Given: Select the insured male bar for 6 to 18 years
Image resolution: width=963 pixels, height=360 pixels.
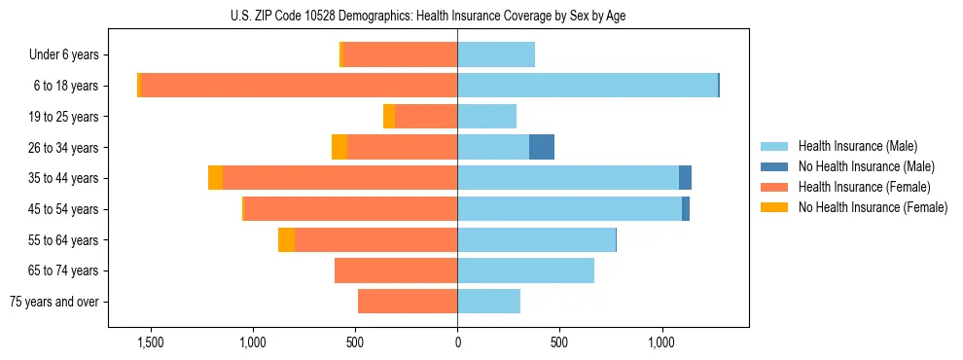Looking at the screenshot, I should pos(588,86).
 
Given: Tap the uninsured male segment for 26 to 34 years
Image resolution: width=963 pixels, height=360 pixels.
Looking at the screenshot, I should pos(542,147).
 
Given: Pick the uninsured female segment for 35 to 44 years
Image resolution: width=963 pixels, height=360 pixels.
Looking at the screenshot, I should pos(215,178).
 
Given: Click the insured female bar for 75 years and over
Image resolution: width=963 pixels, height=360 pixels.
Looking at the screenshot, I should pos(408,302).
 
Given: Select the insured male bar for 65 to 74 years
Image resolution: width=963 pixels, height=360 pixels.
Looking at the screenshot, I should pos(525,270).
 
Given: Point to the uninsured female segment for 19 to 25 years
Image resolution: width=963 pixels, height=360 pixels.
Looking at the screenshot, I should pos(389,117).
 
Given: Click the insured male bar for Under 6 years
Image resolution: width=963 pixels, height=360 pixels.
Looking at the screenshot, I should pos(496,54).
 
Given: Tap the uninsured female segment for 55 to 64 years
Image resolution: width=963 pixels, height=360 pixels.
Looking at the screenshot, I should pos(286,240).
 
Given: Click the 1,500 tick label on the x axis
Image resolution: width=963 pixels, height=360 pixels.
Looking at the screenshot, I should pos(150,342).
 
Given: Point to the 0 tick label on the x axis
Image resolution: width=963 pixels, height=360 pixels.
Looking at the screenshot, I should pos(457,342).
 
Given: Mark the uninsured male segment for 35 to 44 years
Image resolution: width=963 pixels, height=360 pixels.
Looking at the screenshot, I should pos(685,178).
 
